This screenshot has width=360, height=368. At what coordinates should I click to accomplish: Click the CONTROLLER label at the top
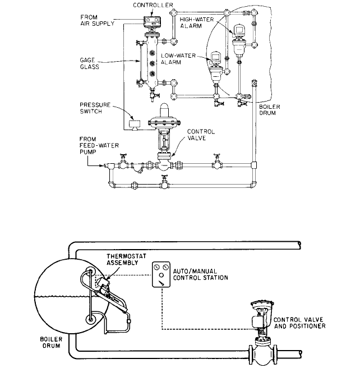153,5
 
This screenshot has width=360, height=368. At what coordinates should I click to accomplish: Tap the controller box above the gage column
152,21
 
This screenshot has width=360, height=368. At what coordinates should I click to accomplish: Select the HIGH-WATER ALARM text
197,22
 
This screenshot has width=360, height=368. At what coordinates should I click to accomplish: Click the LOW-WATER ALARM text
178,59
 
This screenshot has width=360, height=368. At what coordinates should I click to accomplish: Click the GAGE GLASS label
89,63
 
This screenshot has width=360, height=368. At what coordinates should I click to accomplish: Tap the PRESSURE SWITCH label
95,108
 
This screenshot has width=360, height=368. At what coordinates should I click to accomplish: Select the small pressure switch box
135,125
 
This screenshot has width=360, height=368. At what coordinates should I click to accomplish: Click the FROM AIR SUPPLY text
98,20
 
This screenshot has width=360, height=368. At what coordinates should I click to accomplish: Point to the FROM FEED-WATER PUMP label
99,145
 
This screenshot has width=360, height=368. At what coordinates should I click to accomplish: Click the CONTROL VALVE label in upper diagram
201,135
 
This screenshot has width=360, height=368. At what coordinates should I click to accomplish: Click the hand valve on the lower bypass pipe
164,182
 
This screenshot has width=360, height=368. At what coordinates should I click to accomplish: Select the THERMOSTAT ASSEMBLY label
126,259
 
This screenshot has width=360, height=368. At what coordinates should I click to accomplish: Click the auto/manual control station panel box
161,274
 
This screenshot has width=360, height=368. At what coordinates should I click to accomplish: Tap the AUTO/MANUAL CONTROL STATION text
201,274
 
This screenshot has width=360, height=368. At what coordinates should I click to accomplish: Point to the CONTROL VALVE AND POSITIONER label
299,323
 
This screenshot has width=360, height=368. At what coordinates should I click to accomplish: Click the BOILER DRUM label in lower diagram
52,342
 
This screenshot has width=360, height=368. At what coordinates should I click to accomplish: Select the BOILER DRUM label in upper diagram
270,110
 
